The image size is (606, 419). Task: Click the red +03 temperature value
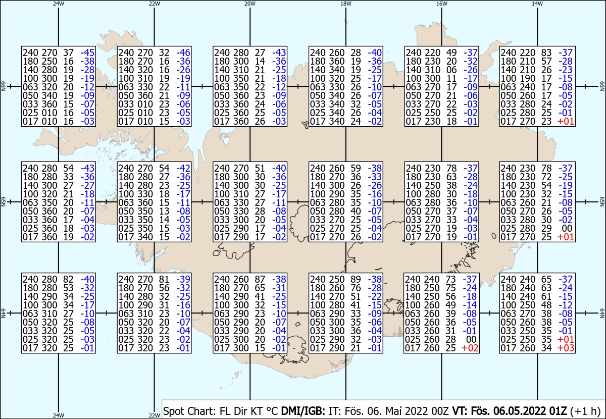tap(566, 348)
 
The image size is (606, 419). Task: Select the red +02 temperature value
tap(470, 348)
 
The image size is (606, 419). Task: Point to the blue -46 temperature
tap(183, 53)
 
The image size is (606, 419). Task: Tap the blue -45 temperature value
tap(88, 53)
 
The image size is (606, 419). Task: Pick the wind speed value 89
tap(356, 279)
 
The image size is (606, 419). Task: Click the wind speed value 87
tap(260, 279)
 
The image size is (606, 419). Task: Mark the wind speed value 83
tap(547, 53)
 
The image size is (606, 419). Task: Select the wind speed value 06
tap(451, 70)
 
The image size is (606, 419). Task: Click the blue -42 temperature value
tap(183, 168)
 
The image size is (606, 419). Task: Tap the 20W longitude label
tap(250, 4)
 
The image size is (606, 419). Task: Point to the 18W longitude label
tap(346, 4)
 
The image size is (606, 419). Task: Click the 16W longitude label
tap(441, 4)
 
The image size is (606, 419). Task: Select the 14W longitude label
tap(537, 4)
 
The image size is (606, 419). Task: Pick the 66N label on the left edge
tap(3, 86)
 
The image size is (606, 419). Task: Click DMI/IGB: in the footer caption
tap(303, 411)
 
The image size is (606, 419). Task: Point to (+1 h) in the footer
tap(585, 411)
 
